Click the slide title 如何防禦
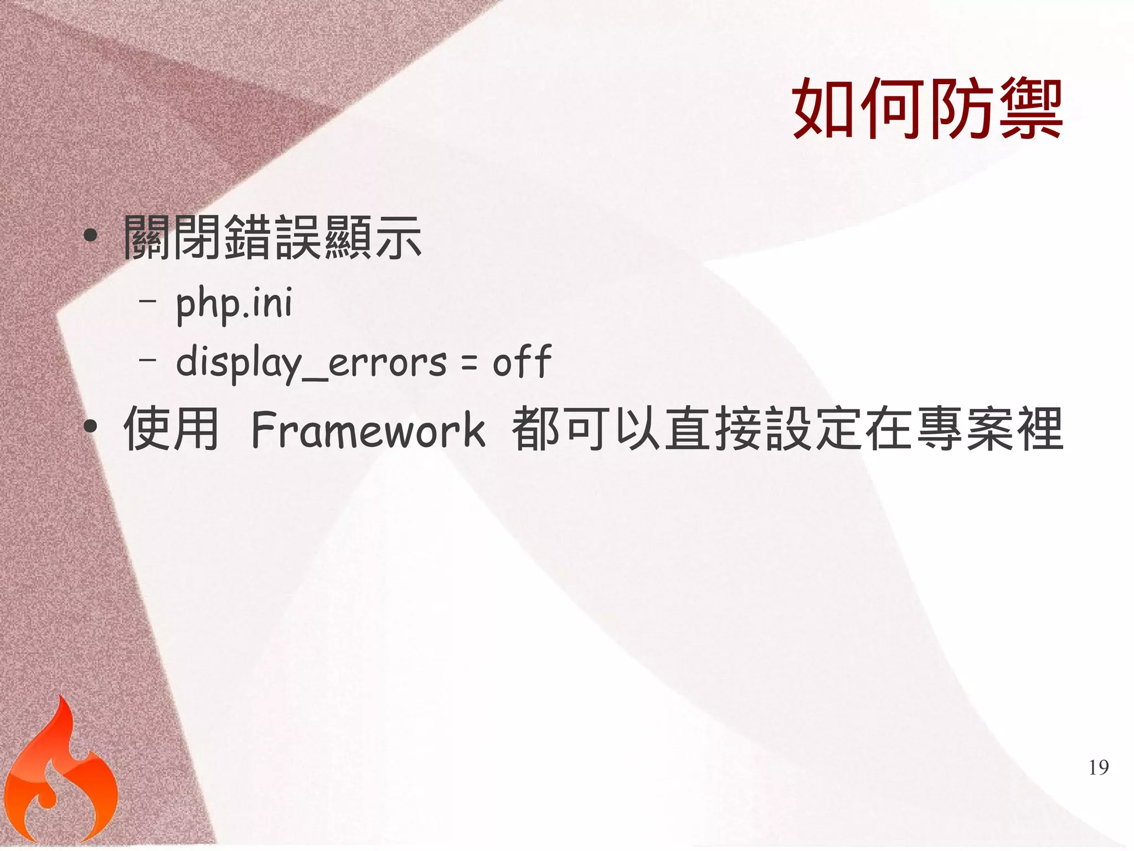pyautogui.click(x=927, y=109)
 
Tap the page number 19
pyautogui.click(x=1099, y=768)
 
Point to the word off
pyautogui.click(x=522, y=362)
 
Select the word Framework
pyautogui.click(x=368, y=429)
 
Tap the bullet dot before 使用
pyautogui.click(x=90, y=427)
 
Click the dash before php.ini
pyautogui.click(x=148, y=301)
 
